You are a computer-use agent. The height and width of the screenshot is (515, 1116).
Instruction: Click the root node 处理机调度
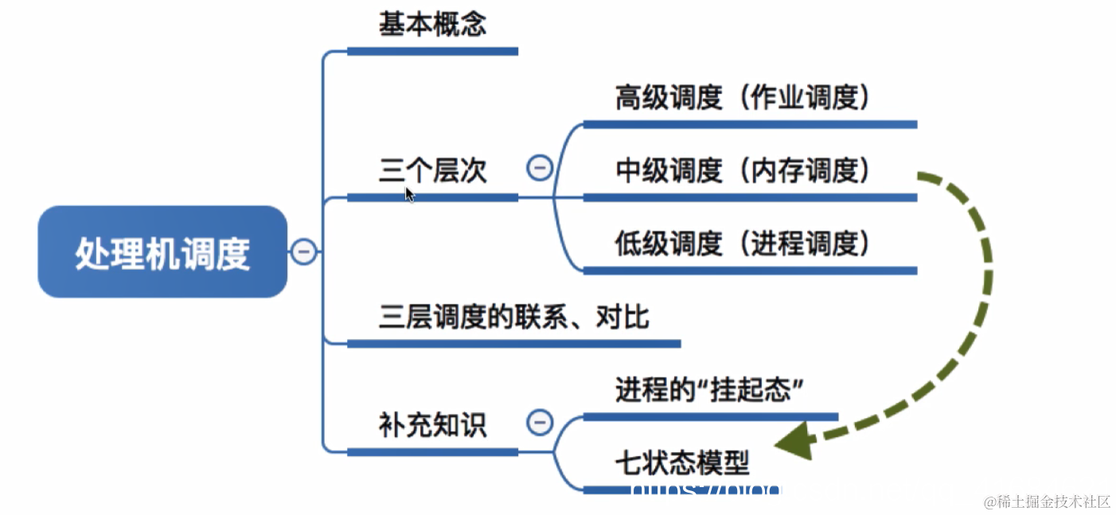(x=162, y=252)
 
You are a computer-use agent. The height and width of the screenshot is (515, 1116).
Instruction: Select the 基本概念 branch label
(x=432, y=25)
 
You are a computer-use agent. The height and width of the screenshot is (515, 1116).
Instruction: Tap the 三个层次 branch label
(x=432, y=170)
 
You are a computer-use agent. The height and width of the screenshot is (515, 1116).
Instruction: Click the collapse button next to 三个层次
(x=540, y=168)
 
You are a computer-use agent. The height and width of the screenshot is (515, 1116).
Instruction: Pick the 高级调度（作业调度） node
(x=742, y=98)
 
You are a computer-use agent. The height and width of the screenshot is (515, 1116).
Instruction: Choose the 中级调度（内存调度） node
(x=742, y=170)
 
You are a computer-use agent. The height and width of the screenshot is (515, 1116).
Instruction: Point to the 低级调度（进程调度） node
(x=742, y=244)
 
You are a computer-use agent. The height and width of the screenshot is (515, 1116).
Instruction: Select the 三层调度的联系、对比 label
(x=513, y=318)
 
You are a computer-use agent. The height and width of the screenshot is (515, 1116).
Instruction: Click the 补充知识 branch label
(x=432, y=425)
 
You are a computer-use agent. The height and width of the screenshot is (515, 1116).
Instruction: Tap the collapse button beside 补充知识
(x=540, y=422)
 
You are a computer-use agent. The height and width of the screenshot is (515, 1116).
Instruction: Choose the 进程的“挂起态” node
(x=707, y=390)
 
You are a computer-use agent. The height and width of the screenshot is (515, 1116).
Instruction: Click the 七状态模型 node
(x=682, y=462)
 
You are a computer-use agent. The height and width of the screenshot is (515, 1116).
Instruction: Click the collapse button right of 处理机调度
(x=303, y=252)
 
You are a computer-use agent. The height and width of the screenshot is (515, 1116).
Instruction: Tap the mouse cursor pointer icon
(x=409, y=193)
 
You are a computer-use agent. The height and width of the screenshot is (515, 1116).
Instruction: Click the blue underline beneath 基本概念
(x=432, y=51)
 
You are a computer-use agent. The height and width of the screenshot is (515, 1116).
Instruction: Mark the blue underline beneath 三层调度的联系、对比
(x=513, y=344)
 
